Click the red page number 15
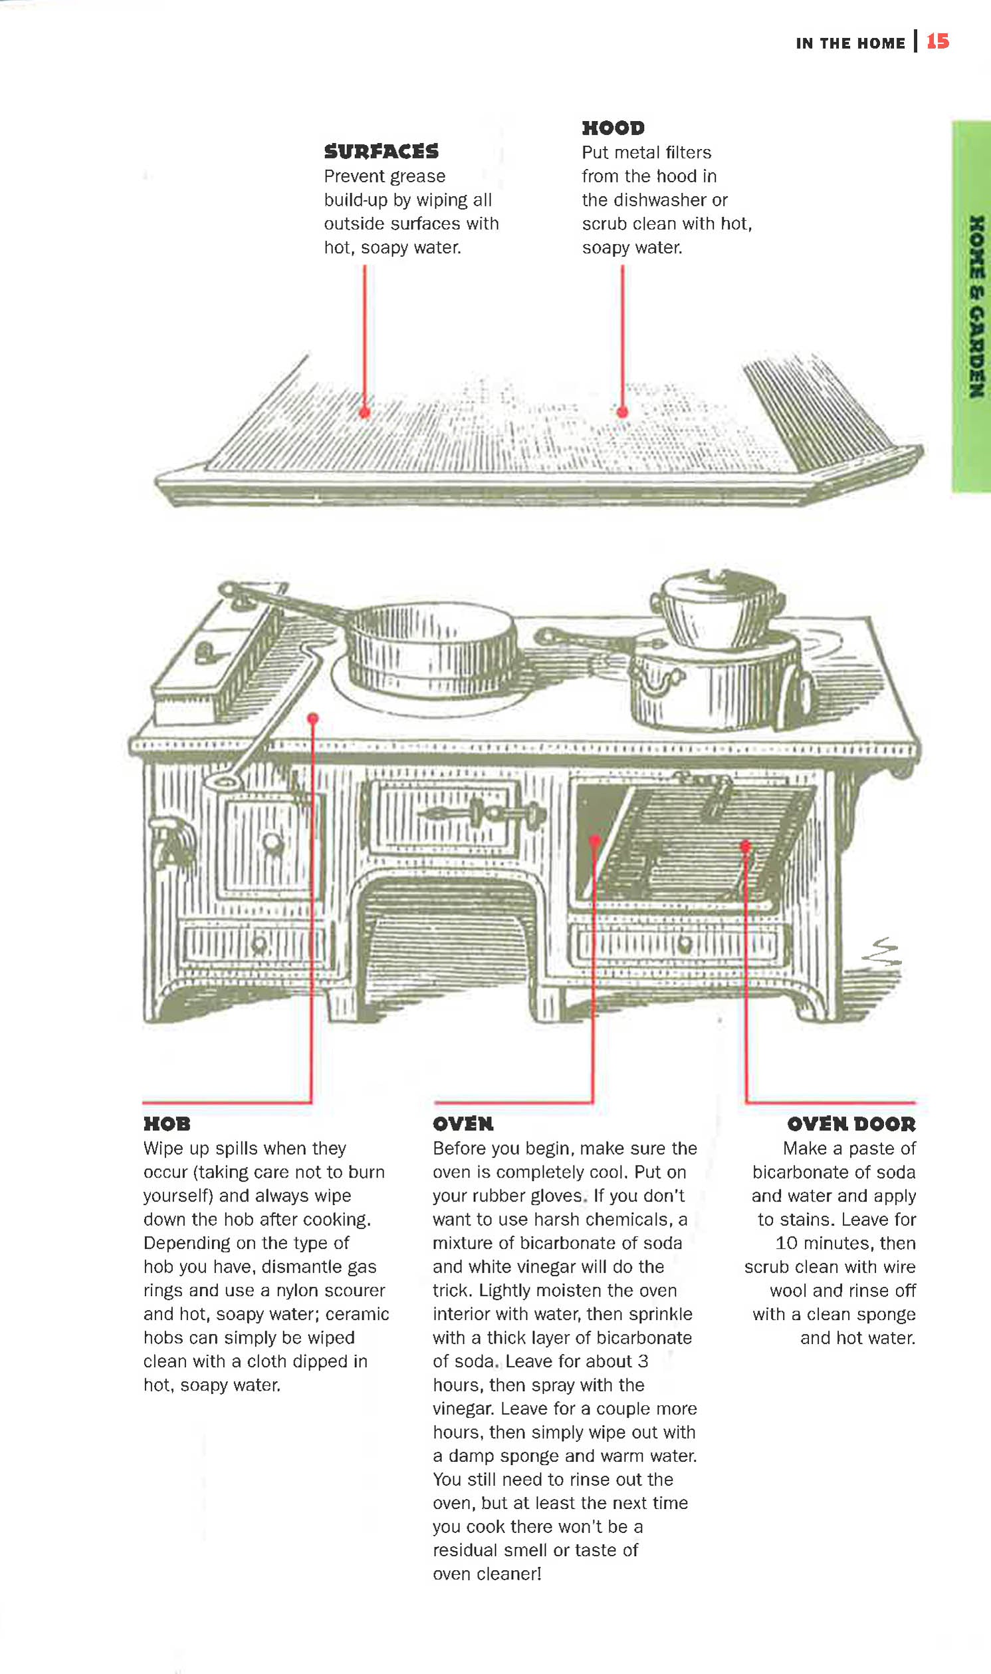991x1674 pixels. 937,41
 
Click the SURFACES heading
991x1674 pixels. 382,152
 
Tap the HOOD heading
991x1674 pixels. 613,128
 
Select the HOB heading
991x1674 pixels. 167,1123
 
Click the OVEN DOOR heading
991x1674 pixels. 851,1123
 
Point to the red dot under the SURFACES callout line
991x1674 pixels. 365,413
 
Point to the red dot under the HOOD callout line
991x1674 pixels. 622,413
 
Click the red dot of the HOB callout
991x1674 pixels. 312,719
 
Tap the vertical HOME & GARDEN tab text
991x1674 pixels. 976,307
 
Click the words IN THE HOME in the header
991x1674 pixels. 850,43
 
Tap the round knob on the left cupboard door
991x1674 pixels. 272,843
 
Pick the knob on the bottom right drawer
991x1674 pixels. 684,944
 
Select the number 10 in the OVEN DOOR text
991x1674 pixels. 786,1243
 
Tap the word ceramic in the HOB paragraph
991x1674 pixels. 358,1314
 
